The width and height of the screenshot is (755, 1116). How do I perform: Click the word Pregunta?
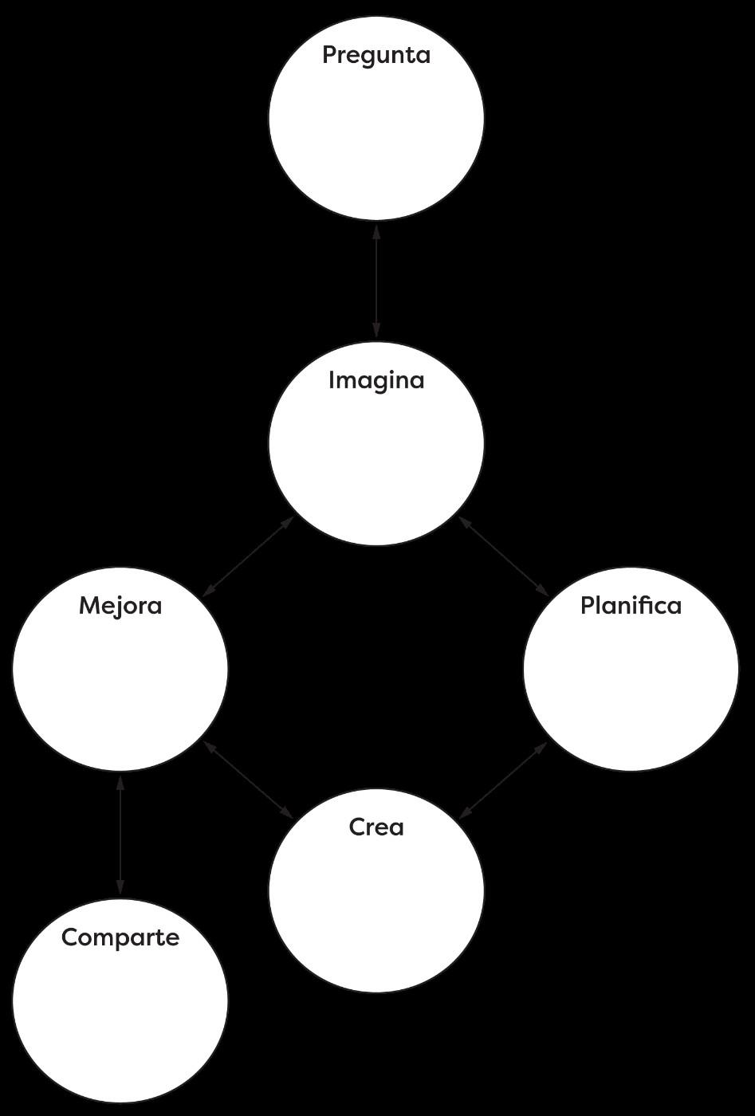pyautogui.click(x=376, y=56)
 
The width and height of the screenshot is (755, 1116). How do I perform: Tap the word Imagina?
pyautogui.click(x=376, y=381)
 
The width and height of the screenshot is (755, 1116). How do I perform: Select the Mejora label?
pyautogui.click(x=120, y=606)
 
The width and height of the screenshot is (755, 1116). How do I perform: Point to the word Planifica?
pyautogui.click(x=631, y=606)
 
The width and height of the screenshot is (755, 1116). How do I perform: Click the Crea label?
pyautogui.click(x=376, y=827)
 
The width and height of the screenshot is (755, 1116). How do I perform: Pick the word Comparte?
pyautogui.click(x=120, y=937)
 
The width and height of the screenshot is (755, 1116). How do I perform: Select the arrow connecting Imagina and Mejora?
pyautogui.click(x=249, y=556)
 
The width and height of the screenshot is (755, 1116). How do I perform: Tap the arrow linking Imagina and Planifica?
pyautogui.click(x=503, y=556)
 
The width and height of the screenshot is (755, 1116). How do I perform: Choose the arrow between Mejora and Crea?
pyautogui.click(x=249, y=780)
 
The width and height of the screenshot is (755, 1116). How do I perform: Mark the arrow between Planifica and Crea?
pyautogui.click(x=503, y=780)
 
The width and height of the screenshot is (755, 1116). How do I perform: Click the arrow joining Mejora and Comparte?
pyautogui.click(x=120, y=835)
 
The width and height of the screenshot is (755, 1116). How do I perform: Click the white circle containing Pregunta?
pyautogui.click(x=376, y=136)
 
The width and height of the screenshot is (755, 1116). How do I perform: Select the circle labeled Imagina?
pyautogui.click(x=376, y=462)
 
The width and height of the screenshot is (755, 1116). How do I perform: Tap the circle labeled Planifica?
pyautogui.click(x=631, y=686)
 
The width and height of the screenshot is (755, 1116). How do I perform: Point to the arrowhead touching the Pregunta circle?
pyautogui.click(x=376, y=232)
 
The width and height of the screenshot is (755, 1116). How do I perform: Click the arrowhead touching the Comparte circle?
pyautogui.click(x=120, y=886)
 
